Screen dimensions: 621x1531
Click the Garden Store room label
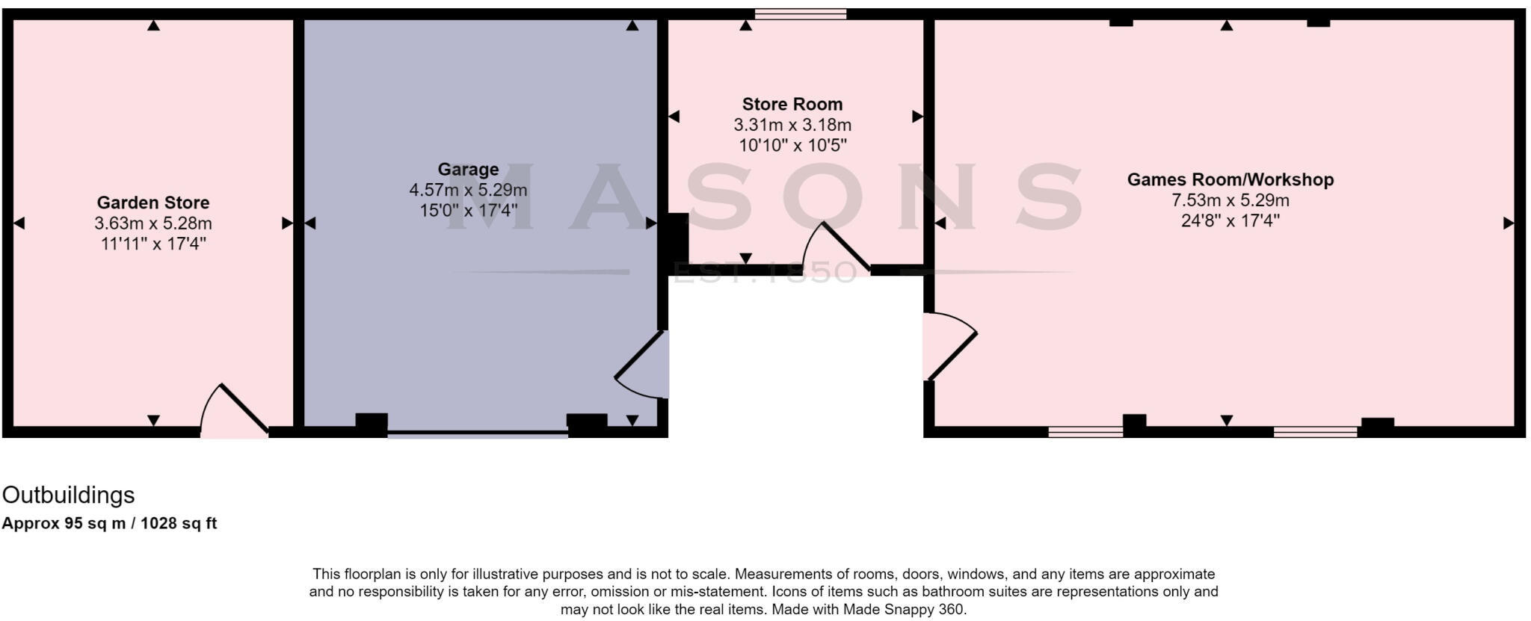click(x=153, y=203)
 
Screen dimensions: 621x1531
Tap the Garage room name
click(x=468, y=170)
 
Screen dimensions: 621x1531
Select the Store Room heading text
click(x=792, y=105)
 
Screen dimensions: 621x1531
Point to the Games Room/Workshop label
click(x=1230, y=180)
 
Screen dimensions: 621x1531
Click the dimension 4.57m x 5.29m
click(x=468, y=191)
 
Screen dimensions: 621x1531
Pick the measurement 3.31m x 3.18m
click(x=792, y=125)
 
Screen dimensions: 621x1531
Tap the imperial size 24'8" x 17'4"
click(x=1230, y=220)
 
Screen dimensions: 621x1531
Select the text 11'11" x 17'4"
click(x=153, y=244)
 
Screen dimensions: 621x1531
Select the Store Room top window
click(x=800, y=13)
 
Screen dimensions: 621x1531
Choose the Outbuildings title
click(x=69, y=495)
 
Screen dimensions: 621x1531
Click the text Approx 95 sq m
click(x=63, y=524)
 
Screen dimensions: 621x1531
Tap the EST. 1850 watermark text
click(x=764, y=273)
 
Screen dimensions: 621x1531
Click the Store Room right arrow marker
click(x=917, y=117)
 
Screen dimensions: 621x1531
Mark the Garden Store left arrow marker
click(x=19, y=223)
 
